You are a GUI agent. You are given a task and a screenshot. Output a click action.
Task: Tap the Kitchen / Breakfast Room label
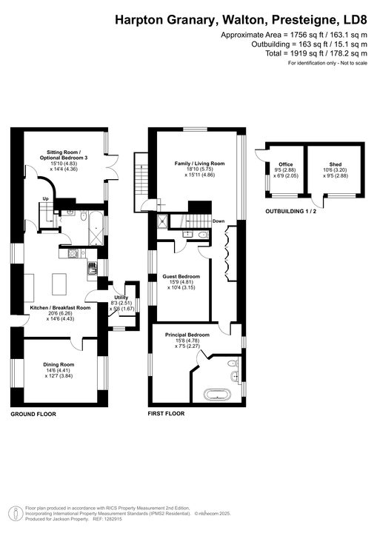click(x=60, y=307)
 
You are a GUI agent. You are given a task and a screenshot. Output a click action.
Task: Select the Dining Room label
click(x=57, y=364)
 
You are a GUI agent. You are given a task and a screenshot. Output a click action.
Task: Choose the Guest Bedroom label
click(x=181, y=276)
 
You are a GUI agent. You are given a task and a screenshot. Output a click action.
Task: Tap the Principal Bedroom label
click(x=187, y=335)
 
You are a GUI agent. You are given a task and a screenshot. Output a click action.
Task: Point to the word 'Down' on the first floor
click(x=218, y=221)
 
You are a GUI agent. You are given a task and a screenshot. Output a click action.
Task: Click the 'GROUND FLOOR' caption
click(x=33, y=415)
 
